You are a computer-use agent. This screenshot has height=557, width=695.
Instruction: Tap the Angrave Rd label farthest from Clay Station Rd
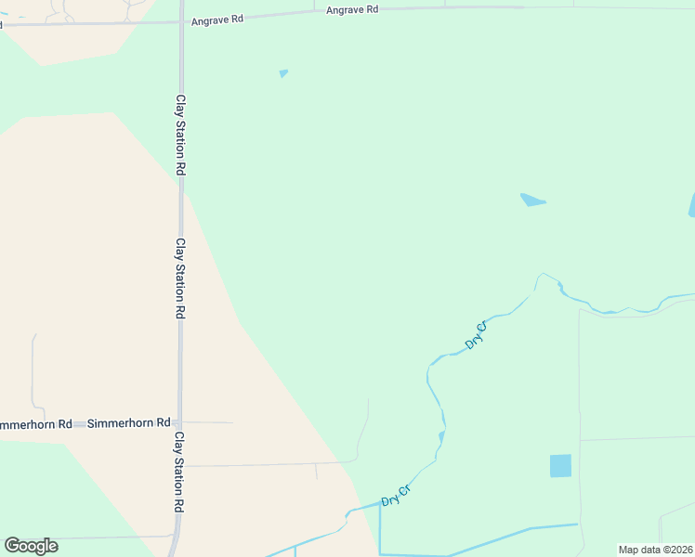(x=352, y=9)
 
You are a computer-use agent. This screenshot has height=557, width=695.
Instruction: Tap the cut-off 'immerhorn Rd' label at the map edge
(x=35, y=424)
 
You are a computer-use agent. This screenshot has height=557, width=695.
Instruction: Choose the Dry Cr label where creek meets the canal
(x=397, y=495)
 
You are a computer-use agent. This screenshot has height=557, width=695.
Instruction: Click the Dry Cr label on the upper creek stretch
(x=476, y=336)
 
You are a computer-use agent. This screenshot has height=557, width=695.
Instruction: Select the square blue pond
(x=560, y=466)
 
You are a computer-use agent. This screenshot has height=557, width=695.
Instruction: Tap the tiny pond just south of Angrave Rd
(x=283, y=73)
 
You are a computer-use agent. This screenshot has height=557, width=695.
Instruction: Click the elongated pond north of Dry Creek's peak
(x=532, y=200)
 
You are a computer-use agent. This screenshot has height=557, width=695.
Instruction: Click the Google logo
(x=31, y=546)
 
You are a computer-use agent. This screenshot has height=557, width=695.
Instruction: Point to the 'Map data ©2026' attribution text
(x=655, y=550)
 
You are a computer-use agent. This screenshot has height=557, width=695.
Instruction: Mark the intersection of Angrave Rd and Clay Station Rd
(x=180, y=22)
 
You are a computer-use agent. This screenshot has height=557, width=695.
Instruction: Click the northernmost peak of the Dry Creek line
(x=544, y=274)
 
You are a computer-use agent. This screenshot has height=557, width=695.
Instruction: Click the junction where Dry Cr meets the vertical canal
(x=380, y=504)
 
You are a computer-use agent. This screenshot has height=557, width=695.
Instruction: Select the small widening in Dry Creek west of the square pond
(x=442, y=435)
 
